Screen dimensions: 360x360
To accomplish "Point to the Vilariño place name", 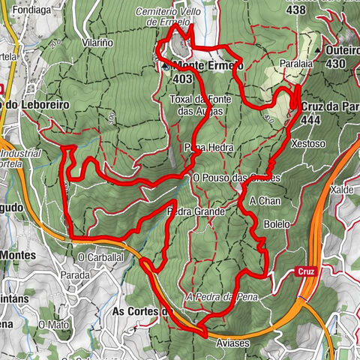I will (x=97, y=43).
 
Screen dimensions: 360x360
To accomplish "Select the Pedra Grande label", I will (x=196, y=212).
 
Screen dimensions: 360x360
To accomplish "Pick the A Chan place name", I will (x=263, y=200).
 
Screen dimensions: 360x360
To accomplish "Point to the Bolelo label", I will (x=277, y=223).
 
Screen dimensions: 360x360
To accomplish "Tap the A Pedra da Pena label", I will (x=226, y=297).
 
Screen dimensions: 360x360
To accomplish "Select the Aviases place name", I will (x=232, y=342).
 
